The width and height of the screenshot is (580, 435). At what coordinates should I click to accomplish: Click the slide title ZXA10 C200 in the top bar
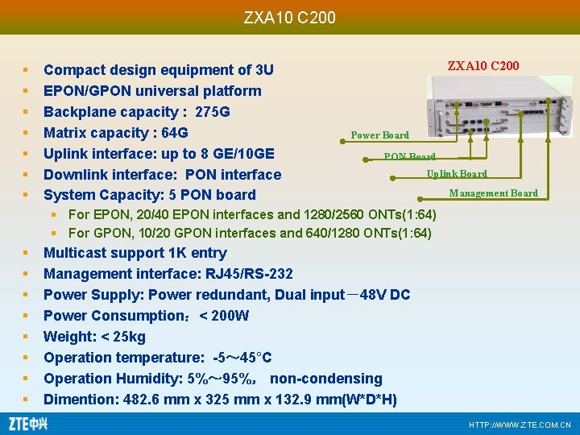[x=289, y=17]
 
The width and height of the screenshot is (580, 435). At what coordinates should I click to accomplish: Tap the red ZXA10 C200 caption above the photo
[x=483, y=65]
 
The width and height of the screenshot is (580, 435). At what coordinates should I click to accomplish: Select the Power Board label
[x=379, y=135]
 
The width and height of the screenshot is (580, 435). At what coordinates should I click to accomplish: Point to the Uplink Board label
[x=456, y=174]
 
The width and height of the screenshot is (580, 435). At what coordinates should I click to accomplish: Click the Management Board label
[x=493, y=193]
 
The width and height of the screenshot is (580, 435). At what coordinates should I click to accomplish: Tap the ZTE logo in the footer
[x=27, y=423]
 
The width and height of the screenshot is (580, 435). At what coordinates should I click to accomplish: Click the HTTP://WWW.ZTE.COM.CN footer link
[x=520, y=425]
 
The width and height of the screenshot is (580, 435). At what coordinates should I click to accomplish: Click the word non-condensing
[x=326, y=379]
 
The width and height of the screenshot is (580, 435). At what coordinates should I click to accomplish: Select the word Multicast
[x=75, y=253]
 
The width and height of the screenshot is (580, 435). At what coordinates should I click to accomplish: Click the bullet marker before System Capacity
[x=26, y=195]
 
